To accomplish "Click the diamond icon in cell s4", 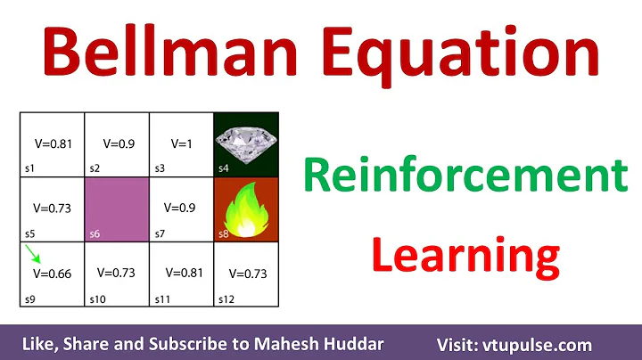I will (x=246, y=141).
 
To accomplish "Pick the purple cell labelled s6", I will (x=116, y=209).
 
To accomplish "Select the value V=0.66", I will (x=52, y=275).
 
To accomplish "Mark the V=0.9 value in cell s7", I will (x=182, y=208).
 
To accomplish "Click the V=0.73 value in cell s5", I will (x=52, y=208).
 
